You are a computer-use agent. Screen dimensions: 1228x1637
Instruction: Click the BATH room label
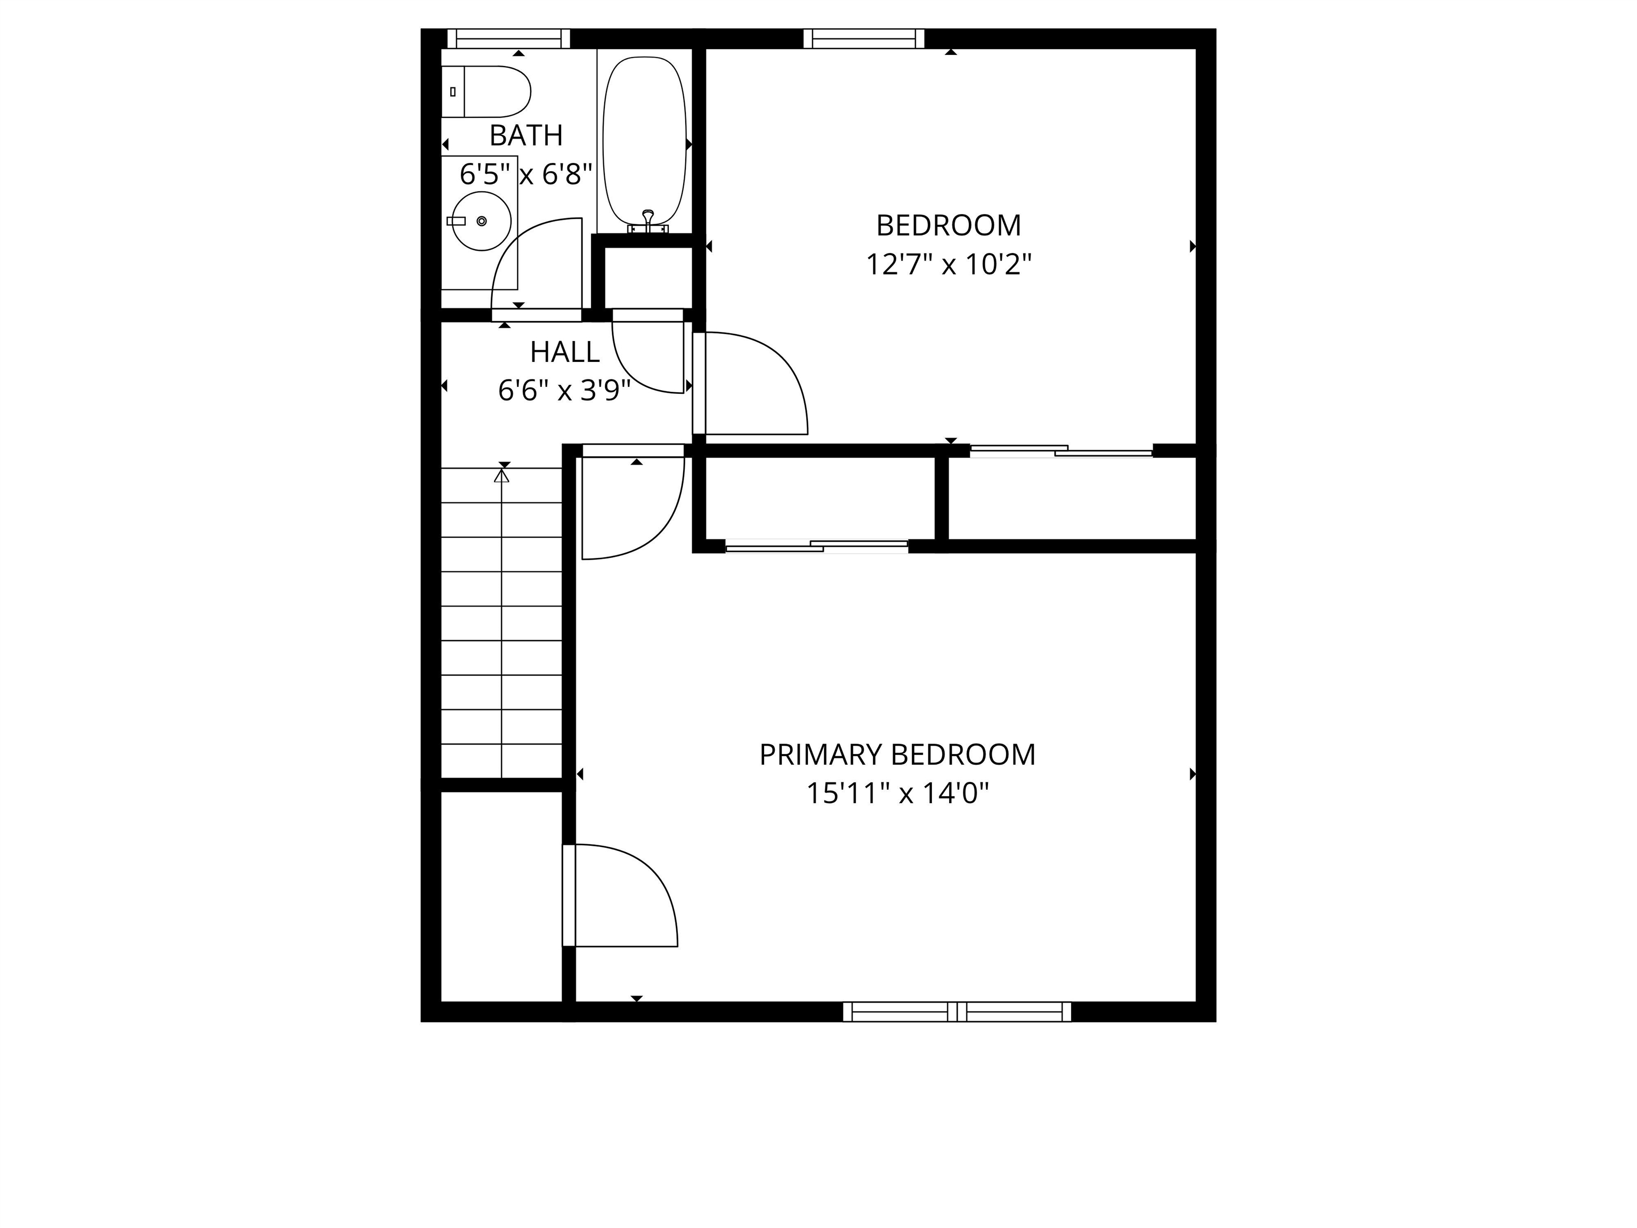(526, 135)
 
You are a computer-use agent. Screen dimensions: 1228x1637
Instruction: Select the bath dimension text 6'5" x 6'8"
(526, 175)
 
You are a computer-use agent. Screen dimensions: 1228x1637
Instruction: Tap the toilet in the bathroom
(485, 92)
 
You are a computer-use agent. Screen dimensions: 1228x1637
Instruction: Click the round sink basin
(481, 221)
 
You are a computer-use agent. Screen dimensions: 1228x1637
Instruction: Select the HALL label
(565, 352)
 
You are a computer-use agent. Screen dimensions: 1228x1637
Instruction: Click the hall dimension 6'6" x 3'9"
(565, 390)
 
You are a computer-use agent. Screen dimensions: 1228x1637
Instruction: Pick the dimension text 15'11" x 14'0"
(897, 794)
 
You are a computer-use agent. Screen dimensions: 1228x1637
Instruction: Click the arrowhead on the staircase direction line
(502, 475)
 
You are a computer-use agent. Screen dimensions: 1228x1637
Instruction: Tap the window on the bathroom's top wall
(508, 38)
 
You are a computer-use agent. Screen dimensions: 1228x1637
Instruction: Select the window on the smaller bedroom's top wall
(864, 38)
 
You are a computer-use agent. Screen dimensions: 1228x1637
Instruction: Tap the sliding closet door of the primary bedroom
(816, 546)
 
